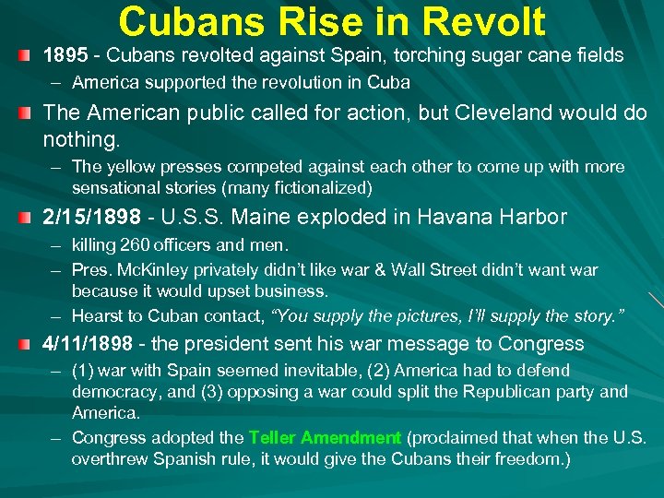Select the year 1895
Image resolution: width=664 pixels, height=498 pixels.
pyautogui.click(x=65, y=56)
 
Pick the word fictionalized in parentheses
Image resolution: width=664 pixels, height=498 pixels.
pyautogui.click(x=316, y=188)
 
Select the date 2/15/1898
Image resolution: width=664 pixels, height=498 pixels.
pyautogui.click(x=90, y=218)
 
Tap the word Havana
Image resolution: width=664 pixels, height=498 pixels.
pyautogui.click(x=453, y=218)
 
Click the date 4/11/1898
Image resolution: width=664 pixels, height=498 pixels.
pyautogui.click(x=90, y=345)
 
